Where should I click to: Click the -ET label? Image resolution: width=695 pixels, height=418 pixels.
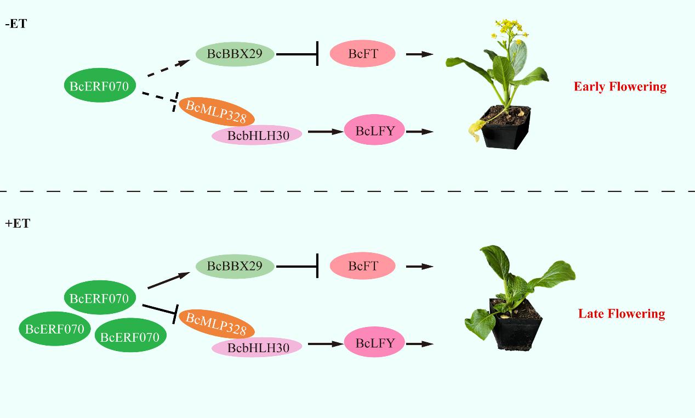[15, 24]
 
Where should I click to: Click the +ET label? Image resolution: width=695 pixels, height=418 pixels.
[17, 224]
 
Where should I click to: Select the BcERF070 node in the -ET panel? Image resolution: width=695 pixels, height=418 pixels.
[99, 86]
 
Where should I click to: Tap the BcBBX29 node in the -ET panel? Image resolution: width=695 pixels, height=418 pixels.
[235, 54]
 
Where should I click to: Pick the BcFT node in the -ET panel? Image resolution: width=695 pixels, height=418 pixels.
[363, 54]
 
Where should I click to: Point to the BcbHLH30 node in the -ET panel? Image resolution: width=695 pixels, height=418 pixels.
[258, 135]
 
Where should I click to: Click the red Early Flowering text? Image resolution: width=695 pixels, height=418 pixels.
[620, 87]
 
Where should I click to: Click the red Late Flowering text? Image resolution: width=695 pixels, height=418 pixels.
[621, 314]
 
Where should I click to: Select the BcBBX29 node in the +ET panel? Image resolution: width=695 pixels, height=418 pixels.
[235, 266]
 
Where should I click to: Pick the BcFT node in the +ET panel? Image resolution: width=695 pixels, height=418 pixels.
[363, 266]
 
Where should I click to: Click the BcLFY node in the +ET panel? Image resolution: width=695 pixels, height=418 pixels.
[375, 343]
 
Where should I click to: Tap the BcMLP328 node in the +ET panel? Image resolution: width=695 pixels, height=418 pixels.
[217, 323]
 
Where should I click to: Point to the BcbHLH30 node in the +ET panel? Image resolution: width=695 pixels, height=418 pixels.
[258, 347]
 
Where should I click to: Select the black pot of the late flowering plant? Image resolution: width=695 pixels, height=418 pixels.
[516, 327]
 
